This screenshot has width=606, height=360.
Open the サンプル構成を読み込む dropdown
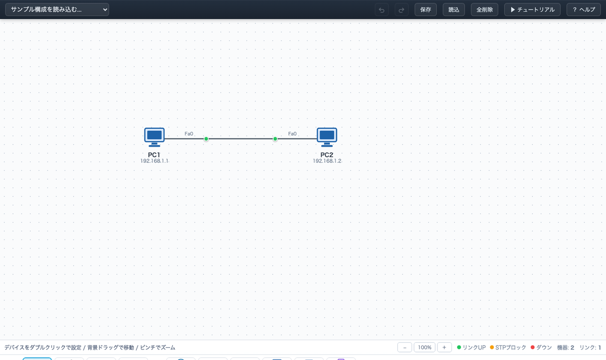[57, 10]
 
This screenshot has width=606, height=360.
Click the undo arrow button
[382, 10]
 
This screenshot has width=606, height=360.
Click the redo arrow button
[401, 10]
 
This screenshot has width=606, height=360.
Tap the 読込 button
[453, 10]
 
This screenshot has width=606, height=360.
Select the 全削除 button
[484, 10]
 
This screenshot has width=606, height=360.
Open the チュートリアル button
[532, 10]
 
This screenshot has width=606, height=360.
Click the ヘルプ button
[584, 10]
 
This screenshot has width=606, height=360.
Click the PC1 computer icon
[154, 137]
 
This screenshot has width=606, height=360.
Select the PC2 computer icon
[327, 137]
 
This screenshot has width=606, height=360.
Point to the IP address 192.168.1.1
[154, 161]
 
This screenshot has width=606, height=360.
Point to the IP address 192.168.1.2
[327, 161]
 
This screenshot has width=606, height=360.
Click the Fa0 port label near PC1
[189, 134]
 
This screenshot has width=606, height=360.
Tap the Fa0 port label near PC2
[292, 134]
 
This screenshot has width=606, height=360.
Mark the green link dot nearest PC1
[206, 139]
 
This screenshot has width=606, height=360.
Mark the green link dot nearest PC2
[275, 139]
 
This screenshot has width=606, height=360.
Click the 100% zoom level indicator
[425, 347]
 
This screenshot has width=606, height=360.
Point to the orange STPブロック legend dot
[492, 347]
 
